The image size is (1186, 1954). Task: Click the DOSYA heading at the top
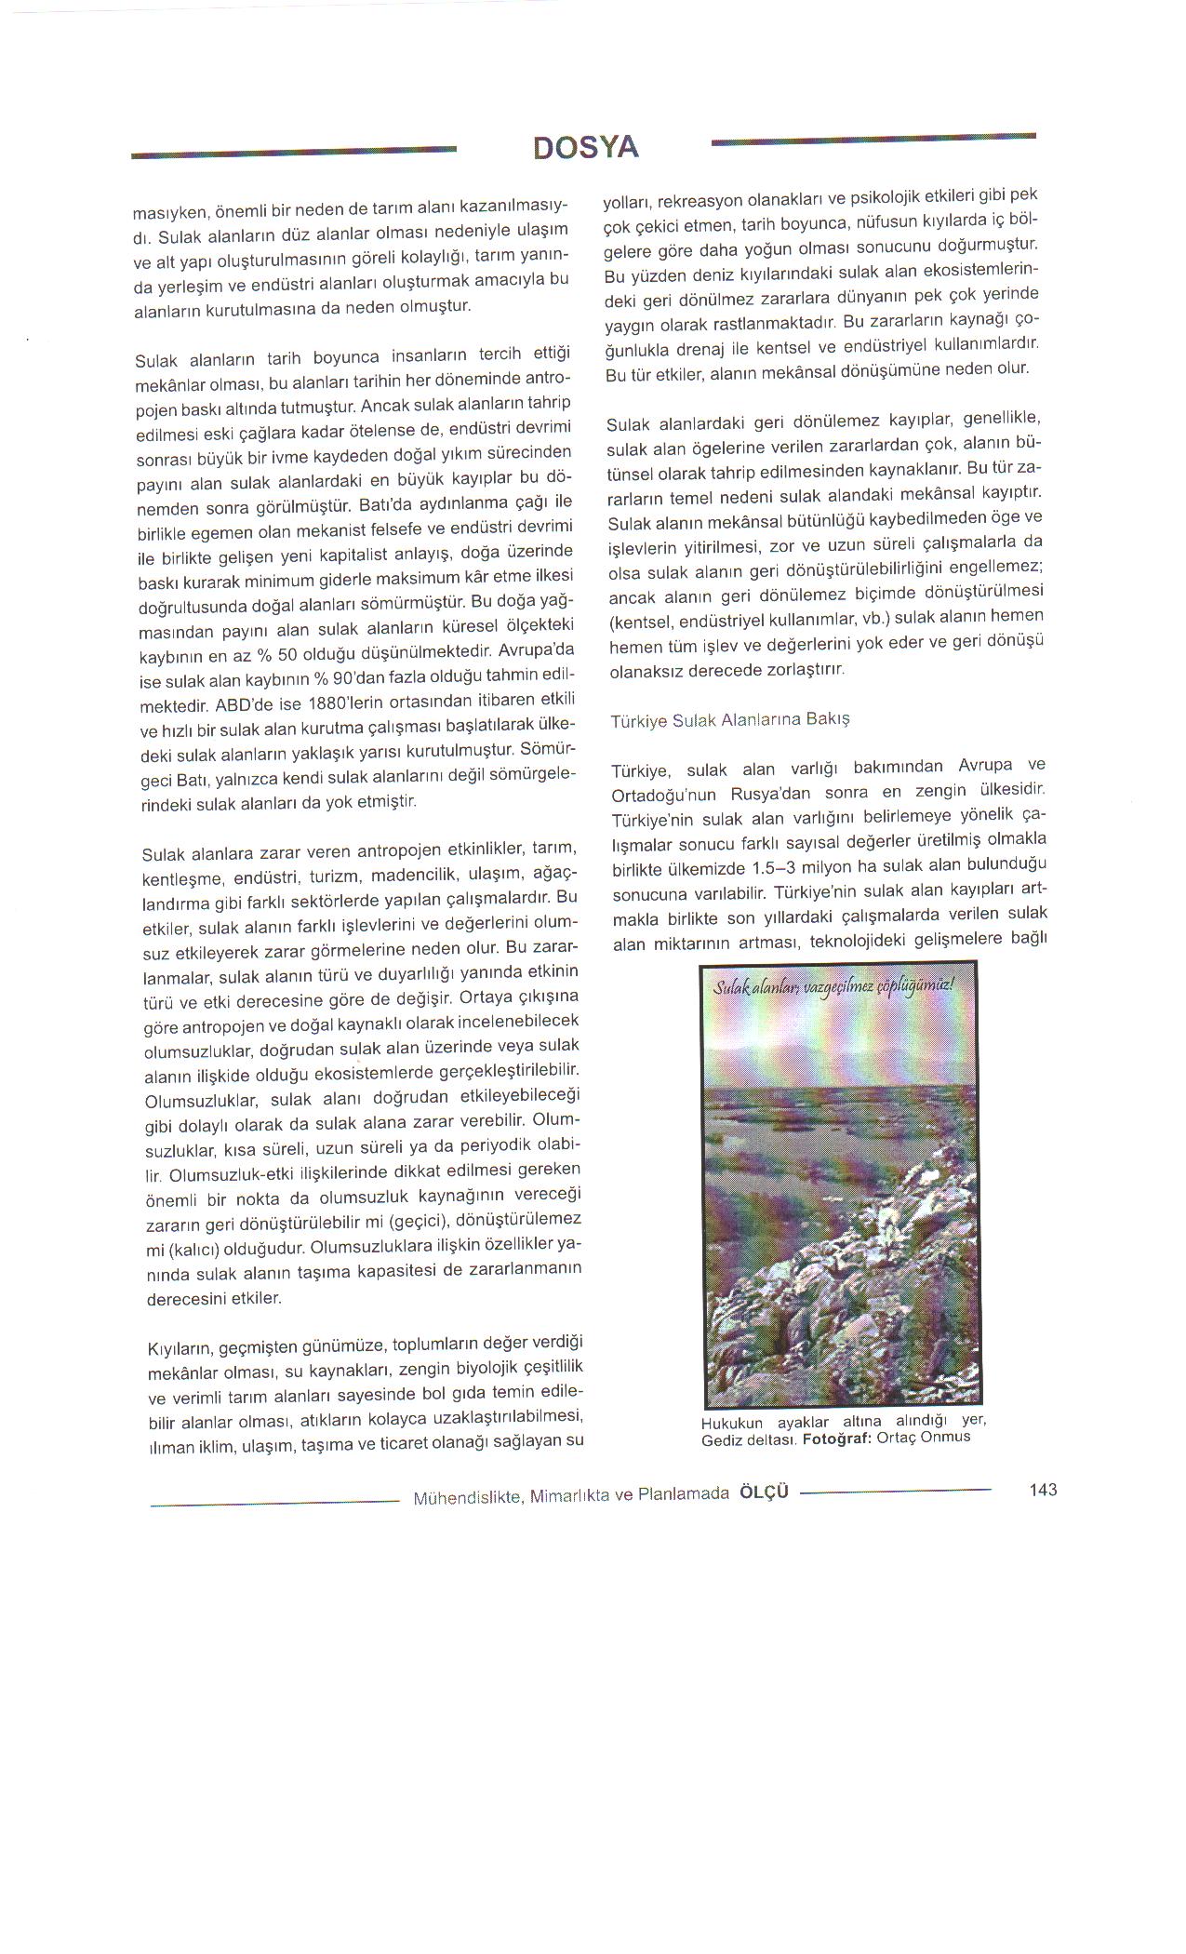coord(586,148)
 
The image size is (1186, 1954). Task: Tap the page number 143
coord(1043,1490)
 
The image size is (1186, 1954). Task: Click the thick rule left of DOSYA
coord(294,154)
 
